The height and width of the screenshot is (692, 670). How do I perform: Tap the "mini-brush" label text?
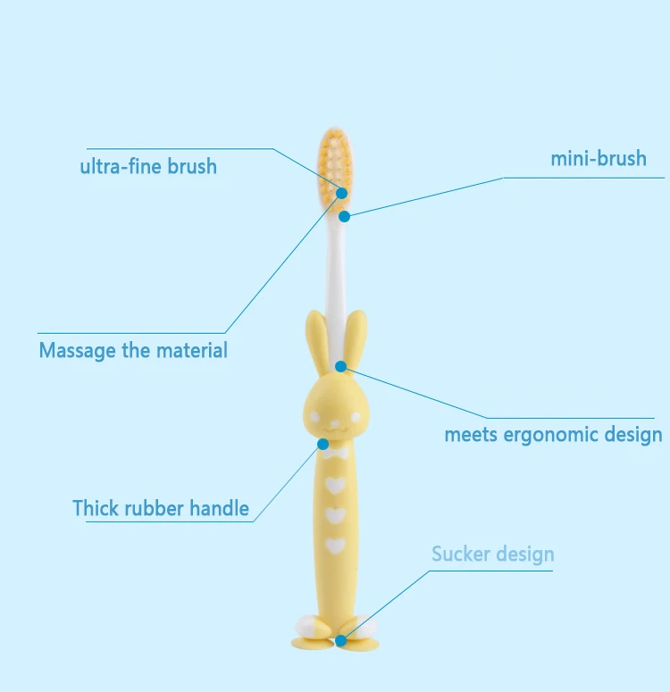[x=598, y=159]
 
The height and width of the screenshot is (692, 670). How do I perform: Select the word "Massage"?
[x=77, y=350]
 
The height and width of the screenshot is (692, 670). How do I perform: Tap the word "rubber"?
[x=155, y=508]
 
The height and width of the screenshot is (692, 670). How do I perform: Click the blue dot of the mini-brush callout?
[x=344, y=216]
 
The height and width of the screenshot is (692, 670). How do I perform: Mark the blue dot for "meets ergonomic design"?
[x=341, y=366]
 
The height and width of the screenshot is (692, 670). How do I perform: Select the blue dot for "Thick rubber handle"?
[x=322, y=443]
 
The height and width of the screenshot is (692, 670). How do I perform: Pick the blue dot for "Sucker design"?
[x=341, y=639]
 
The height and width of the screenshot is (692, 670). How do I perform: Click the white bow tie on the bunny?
[x=335, y=454]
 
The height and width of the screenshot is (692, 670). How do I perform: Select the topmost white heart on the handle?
[x=335, y=485]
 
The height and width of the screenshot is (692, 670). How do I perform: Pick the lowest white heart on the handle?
[x=335, y=544]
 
